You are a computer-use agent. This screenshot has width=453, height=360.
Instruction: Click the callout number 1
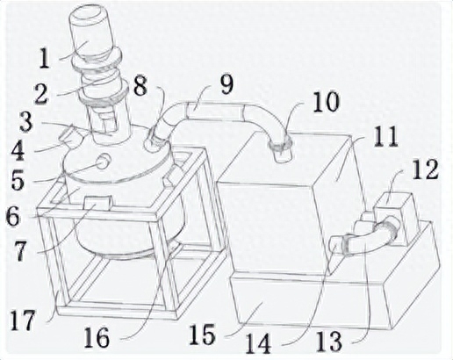pos(44,59)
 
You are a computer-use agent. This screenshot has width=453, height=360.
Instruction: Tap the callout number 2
pos(40,94)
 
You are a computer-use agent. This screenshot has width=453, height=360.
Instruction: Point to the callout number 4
pos(18,150)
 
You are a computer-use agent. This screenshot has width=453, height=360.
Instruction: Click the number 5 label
pos(18,180)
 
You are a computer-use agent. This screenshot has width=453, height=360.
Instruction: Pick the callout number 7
pos(20,251)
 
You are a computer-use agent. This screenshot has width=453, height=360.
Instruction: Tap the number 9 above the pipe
pos(226,85)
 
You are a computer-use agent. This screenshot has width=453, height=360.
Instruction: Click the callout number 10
pos(326,102)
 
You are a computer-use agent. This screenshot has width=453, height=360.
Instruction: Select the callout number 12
pos(426,169)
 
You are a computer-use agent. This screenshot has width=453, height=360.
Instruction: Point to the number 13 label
pos(330,342)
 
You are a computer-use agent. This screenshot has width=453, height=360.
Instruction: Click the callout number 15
pos(202,335)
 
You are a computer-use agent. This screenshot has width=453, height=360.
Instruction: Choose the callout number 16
pos(97,338)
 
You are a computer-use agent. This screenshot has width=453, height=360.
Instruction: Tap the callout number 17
pos(23,320)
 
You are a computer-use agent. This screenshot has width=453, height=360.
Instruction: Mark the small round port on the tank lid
pos(104,162)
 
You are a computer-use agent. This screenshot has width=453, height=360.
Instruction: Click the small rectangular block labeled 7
pos(98,203)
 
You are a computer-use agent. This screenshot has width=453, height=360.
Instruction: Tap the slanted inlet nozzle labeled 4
pos(70,138)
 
